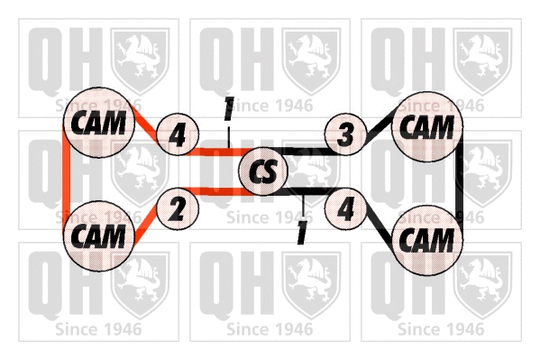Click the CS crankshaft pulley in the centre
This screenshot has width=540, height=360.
click(x=262, y=171)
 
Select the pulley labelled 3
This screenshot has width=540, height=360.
click(x=345, y=135)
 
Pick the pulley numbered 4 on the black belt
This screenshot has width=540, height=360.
click(x=345, y=209)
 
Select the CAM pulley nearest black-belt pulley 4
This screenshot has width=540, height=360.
click(x=426, y=240)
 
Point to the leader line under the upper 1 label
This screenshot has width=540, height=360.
click(x=231, y=135)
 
